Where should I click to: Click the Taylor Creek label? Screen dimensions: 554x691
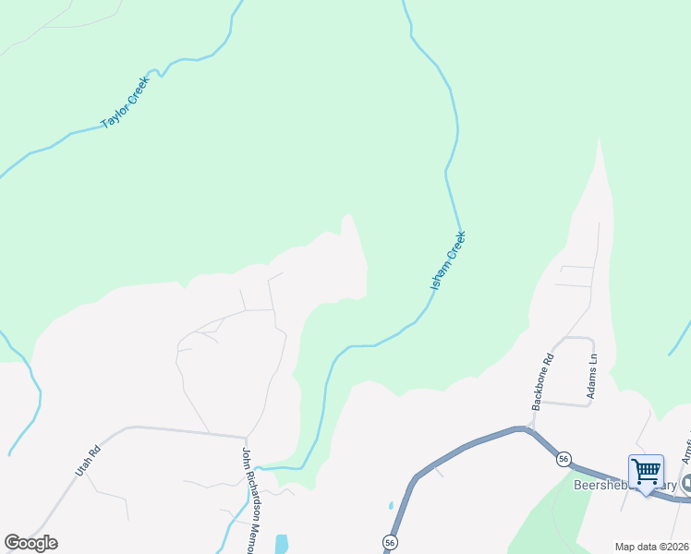pyautogui.click(x=125, y=102)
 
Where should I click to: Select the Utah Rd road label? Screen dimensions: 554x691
pyautogui.click(x=87, y=462)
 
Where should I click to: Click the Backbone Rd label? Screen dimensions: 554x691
pyautogui.click(x=542, y=381)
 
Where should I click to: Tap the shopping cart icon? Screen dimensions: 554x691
pyautogui.click(x=646, y=469)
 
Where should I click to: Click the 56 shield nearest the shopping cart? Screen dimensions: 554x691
pyautogui.click(x=562, y=459)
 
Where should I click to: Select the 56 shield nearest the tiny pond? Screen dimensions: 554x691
pyautogui.click(x=389, y=543)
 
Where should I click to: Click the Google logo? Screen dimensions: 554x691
pyautogui.click(x=30, y=543)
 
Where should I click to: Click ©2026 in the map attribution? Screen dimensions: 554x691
pyautogui.click(x=674, y=547)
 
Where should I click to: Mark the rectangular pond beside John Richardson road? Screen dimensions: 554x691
pyautogui.click(x=281, y=544)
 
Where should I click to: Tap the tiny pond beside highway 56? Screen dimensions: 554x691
pyautogui.click(x=391, y=506)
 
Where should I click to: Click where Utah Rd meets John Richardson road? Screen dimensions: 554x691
pyautogui.click(x=247, y=438)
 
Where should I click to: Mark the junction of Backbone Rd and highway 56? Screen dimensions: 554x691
pyautogui.click(x=527, y=428)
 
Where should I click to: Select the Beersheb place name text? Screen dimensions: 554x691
pyautogui.click(x=600, y=485)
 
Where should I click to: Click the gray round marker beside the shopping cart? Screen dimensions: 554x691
pyautogui.click(x=686, y=484)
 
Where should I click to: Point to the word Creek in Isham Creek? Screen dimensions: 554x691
pyautogui.click(x=455, y=248)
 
